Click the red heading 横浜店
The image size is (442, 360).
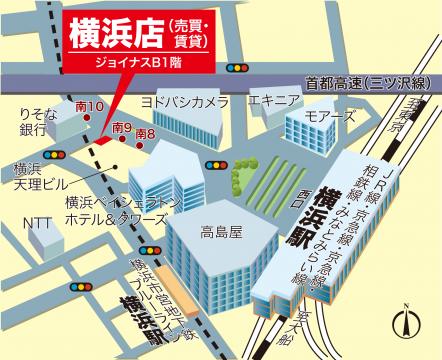(109, 34)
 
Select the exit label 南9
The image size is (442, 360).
(122, 127)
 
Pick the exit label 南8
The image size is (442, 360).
(145, 134)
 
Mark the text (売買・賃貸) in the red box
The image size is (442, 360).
(188, 34)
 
